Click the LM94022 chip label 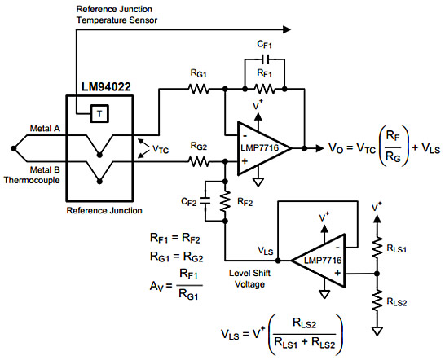click(106, 87)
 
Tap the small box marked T click(99, 114)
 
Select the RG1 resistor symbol click(199, 90)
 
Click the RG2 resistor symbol click(199, 162)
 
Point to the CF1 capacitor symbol click(265, 59)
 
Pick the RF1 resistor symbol click(265, 90)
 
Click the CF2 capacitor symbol click(205, 201)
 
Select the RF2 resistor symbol click(225, 201)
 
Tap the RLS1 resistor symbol click(377, 248)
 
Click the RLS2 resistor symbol click(377, 301)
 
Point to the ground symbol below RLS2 click(377, 331)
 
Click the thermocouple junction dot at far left click(13, 148)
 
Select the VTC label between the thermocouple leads click(161, 149)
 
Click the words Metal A click(45, 129)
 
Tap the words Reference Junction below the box click(104, 210)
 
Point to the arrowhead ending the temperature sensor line click(287, 29)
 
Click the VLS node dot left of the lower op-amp click(278, 261)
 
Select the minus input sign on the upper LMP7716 click(245, 135)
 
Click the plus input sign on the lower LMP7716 click(337, 273)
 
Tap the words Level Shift click(249, 273)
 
